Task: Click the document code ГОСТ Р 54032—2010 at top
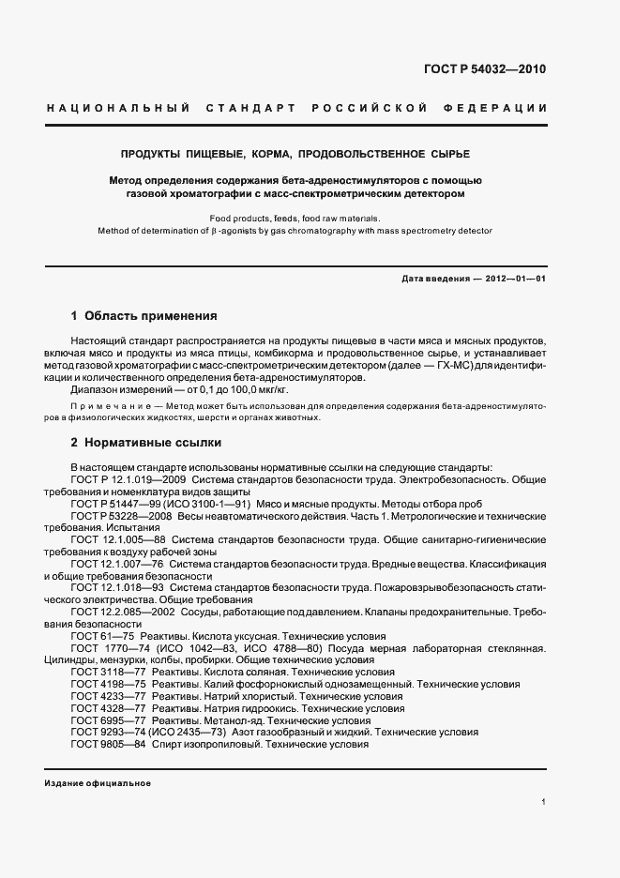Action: pos(485,70)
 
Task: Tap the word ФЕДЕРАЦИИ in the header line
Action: pos(501,109)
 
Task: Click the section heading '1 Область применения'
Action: pos(144,316)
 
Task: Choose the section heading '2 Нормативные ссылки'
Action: pos(145,441)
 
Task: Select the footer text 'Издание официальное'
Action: pos(97,783)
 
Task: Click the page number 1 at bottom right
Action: pos(544,802)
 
